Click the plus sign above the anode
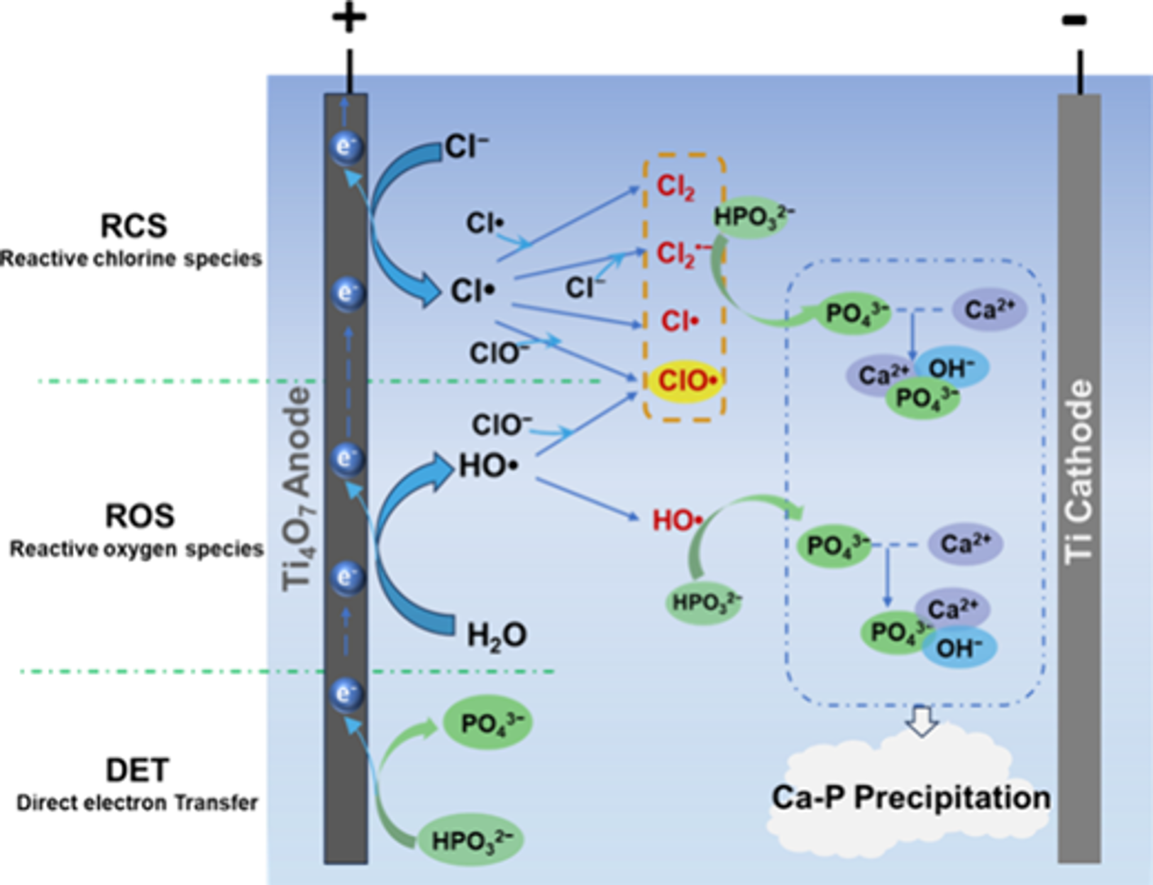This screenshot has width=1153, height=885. point(349,18)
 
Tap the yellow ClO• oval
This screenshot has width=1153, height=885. point(685,380)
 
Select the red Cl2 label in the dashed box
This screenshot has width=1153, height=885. point(675,187)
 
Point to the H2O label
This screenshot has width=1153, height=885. point(497,635)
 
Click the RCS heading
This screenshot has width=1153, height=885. point(133,226)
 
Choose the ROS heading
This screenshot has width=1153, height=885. point(140,516)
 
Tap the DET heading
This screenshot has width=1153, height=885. point(138,770)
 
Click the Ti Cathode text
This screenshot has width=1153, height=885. point(1079,471)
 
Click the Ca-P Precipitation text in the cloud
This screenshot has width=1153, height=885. point(911,798)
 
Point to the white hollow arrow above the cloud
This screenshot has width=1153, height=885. point(922,720)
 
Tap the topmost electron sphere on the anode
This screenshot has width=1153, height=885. point(347,147)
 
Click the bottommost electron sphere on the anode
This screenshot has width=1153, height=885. point(347,695)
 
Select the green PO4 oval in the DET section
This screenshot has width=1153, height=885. point(487,722)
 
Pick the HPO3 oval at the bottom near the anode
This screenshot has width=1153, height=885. point(470,840)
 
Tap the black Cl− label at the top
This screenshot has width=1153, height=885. point(466,146)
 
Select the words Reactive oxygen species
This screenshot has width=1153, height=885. point(137,550)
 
